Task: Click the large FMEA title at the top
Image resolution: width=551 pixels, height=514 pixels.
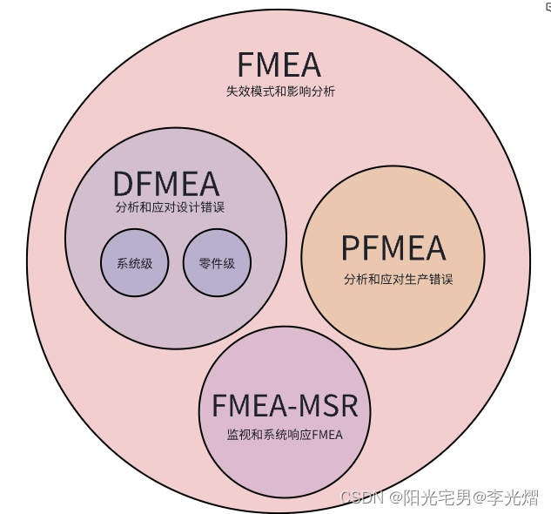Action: point(279,65)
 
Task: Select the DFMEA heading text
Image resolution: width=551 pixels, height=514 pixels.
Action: point(165,184)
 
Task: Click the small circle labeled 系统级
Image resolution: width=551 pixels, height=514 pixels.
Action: point(134,263)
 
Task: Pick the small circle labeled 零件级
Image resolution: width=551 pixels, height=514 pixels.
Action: point(217,263)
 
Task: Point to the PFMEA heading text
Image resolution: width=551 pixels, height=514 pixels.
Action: point(393,248)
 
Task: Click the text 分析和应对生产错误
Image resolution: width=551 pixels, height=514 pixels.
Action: point(398,280)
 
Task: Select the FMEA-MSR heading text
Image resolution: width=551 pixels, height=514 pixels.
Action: point(290,407)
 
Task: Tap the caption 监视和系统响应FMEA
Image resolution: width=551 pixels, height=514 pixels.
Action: point(286,435)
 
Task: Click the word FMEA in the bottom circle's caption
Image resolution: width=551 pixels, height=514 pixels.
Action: point(327,435)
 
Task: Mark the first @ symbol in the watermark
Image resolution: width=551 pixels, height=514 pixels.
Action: point(394,497)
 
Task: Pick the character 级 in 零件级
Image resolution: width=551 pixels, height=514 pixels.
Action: point(229,263)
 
